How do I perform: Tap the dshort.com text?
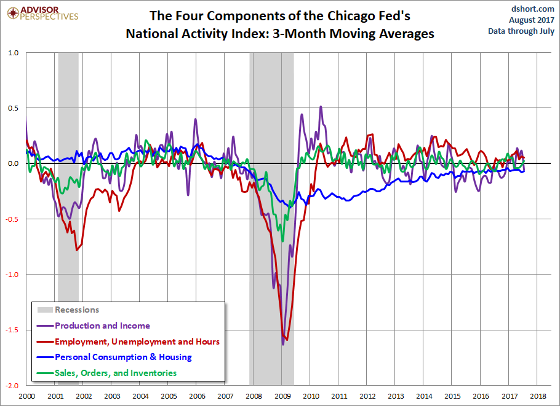point(532,9)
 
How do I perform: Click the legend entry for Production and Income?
point(102,326)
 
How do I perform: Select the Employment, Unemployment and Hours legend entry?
point(137,342)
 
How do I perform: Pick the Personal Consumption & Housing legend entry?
point(123,357)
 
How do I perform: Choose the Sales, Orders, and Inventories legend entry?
point(116,373)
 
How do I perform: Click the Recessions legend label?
point(77,310)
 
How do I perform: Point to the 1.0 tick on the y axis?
point(12,53)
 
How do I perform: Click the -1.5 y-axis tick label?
point(11,330)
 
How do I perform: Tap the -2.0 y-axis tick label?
point(11,386)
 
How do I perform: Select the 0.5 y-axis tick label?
point(12,108)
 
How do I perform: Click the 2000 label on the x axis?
point(26,397)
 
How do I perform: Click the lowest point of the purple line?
point(283,345)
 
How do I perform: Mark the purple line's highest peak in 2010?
point(321,106)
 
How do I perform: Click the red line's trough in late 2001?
point(77,250)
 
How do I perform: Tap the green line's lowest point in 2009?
point(283,241)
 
